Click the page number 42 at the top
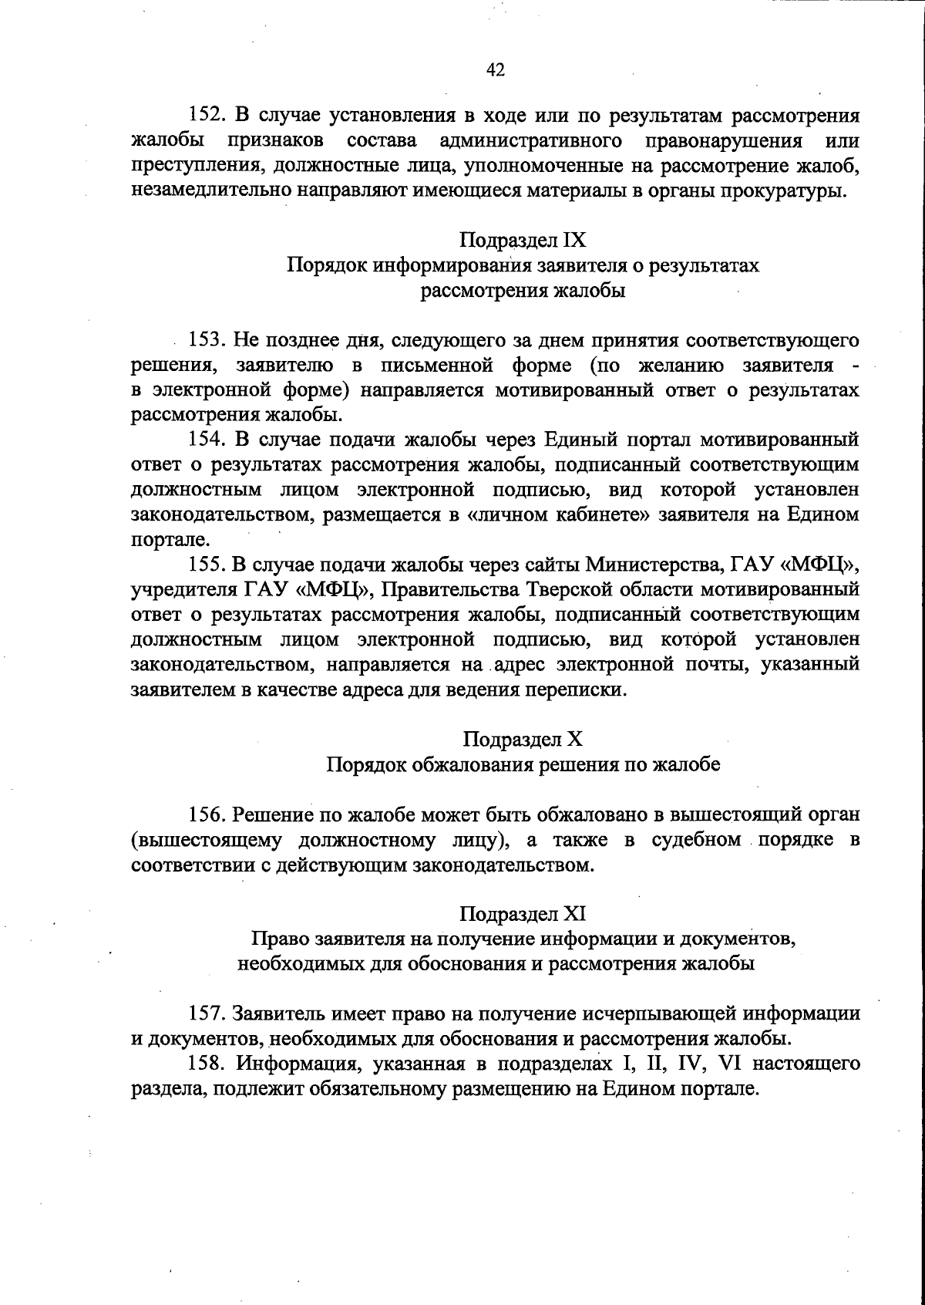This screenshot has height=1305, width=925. [495, 70]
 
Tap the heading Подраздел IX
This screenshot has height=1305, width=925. [523, 240]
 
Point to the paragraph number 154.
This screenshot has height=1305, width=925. [207, 440]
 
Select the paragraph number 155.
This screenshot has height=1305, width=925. [207, 565]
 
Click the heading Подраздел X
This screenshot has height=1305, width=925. [523, 740]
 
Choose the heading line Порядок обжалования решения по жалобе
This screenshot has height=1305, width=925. [523, 764]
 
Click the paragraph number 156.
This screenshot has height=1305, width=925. [207, 814]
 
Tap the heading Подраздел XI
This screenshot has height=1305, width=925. [523, 914]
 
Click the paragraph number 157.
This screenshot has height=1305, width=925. [207, 1013]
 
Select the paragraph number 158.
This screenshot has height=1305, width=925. [207, 1064]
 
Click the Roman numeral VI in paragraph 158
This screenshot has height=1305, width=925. [728, 1064]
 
